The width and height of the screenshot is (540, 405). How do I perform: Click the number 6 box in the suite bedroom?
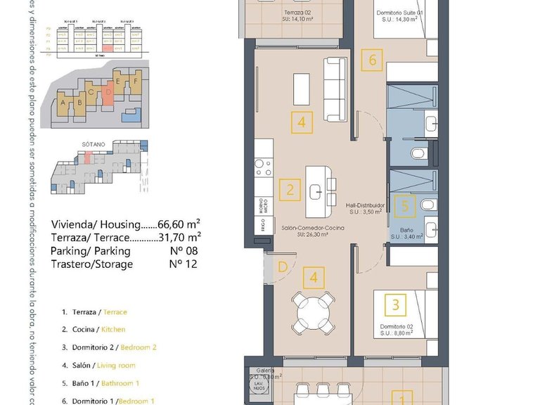[x=373, y=60]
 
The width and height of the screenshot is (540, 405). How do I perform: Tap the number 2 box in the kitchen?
[x=290, y=189]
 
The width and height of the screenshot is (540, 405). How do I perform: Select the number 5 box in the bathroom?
[x=404, y=207]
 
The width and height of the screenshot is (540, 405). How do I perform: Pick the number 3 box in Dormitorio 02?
[x=396, y=304]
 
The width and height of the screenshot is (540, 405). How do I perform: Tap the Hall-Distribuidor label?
[x=365, y=207]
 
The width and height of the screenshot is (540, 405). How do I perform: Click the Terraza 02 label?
[x=297, y=13]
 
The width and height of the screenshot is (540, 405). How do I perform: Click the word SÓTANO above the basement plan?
[x=94, y=144]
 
